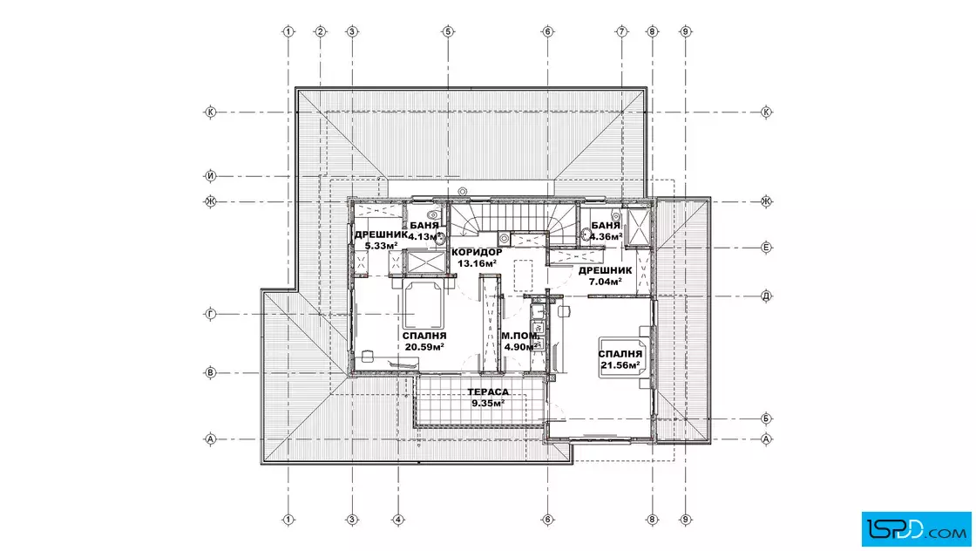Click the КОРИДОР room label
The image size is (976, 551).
pyautogui.click(x=477, y=252)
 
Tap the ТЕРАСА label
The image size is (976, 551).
pyautogui.click(x=488, y=391)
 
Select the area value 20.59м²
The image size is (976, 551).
pyautogui.click(x=424, y=347)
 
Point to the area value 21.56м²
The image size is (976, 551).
pyautogui.click(x=620, y=364)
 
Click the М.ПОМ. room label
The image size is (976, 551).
pyautogui.click(x=520, y=336)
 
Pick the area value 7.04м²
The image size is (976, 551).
pyautogui.click(x=606, y=282)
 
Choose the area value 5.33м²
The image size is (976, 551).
pyautogui.click(x=381, y=245)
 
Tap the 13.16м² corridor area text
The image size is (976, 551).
pyautogui.click(x=477, y=263)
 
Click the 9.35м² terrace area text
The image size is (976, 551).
pyautogui.click(x=488, y=403)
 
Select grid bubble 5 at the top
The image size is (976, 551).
pyautogui.click(x=448, y=31)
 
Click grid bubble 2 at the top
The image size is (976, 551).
pyautogui.click(x=321, y=31)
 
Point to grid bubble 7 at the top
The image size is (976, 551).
pyautogui.click(x=621, y=31)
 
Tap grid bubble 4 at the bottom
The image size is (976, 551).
pyautogui.click(x=398, y=520)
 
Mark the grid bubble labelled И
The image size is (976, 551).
pyautogui.click(x=210, y=176)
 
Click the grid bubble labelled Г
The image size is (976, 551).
pyautogui.click(x=210, y=315)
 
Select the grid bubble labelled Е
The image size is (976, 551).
pyautogui.click(x=766, y=248)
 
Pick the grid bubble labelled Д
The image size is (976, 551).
pyautogui.click(x=766, y=296)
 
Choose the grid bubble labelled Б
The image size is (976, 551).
pyautogui.click(x=766, y=418)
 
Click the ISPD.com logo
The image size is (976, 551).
pyautogui.click(x=916, y=528)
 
